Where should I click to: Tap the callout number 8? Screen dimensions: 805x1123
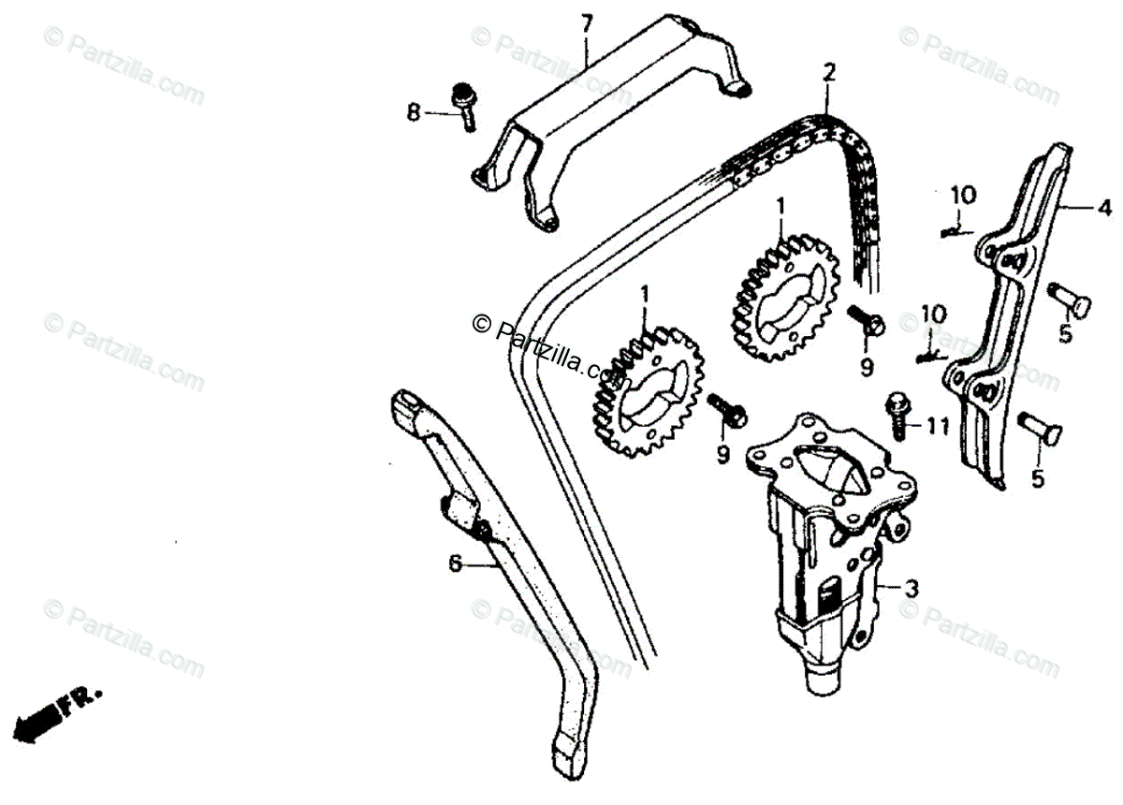point(414,113)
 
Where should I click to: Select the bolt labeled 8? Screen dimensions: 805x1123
point(464,105)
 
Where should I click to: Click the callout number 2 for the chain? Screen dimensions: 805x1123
point(827,71)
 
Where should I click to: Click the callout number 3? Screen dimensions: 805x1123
point(912,589)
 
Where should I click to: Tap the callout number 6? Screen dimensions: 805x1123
point(455,563)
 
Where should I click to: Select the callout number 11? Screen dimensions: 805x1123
point(938,427)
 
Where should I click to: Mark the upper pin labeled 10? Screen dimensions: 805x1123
point(954,227)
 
